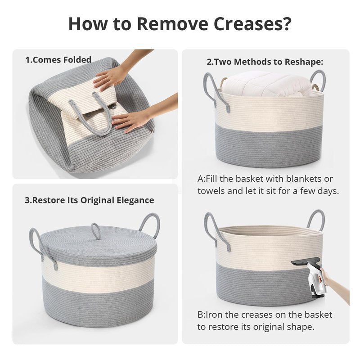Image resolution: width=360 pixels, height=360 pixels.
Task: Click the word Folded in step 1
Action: click(x=77, y=60)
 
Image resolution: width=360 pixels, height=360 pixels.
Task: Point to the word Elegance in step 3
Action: click(x=135, y=200)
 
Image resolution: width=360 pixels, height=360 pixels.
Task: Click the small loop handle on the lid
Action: click(x=95, y=231)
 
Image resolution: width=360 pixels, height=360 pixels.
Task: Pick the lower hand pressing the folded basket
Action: click(x=131, y=121)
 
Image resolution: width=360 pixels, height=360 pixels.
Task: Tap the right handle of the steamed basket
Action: click(x=316, y=220)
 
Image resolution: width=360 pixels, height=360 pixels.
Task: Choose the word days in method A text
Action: click(x=328, y=191)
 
